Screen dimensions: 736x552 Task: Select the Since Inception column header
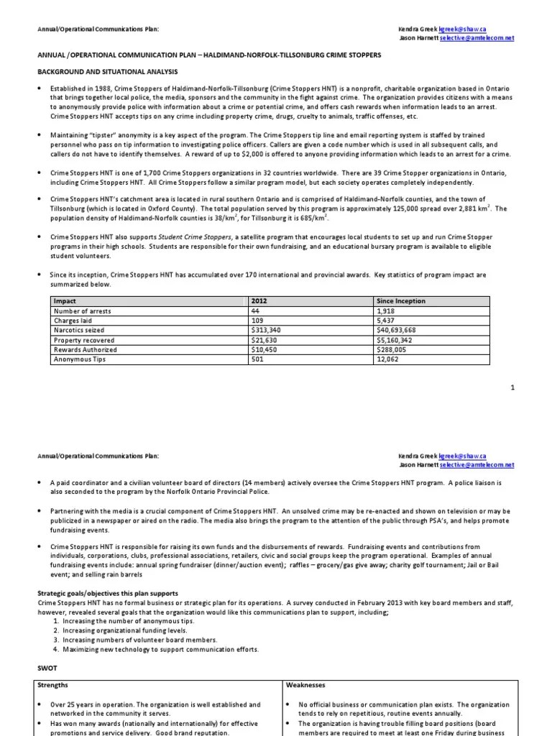401,301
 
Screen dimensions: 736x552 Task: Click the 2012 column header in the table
260,301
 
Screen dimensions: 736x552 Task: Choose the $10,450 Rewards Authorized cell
264,350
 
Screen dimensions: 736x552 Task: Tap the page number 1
513,387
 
